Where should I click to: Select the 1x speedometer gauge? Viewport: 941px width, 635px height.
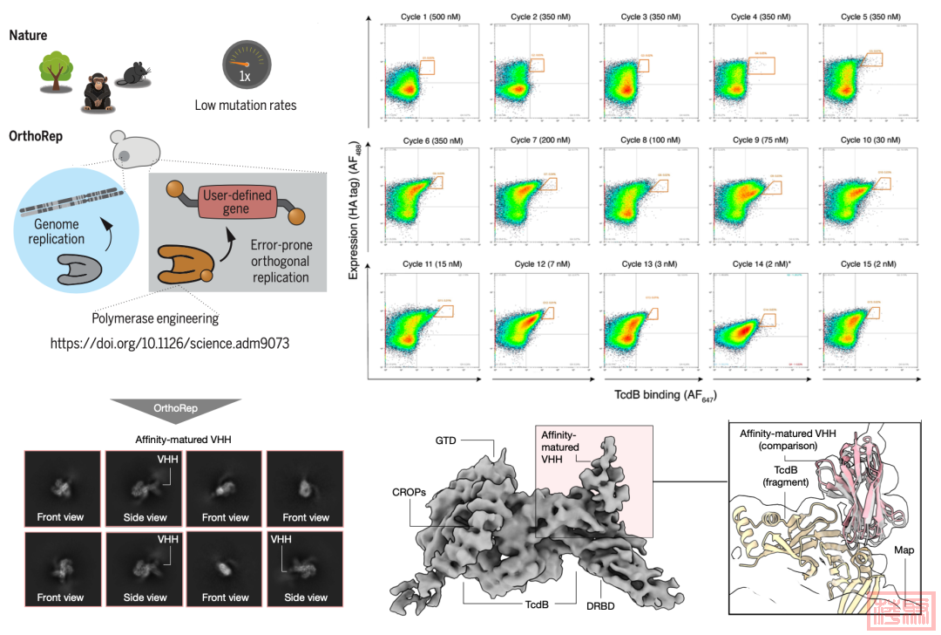click(x=246, y=66)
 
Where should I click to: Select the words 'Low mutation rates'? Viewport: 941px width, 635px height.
click(x=246, y=106)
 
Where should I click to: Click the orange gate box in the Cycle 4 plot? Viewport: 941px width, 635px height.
click(x=761, y=65)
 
